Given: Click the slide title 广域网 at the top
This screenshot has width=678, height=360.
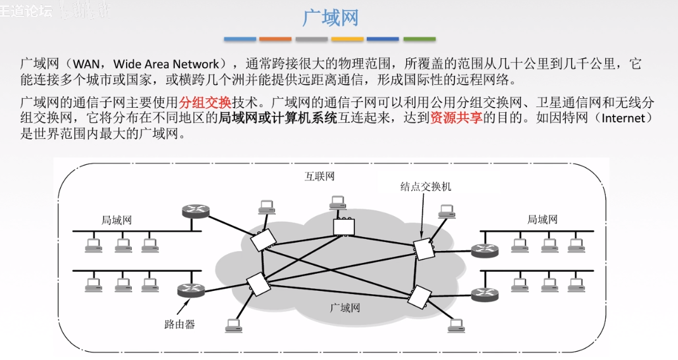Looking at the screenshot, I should pos(330,17).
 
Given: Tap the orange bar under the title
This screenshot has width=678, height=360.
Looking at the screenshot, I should pos(275,39).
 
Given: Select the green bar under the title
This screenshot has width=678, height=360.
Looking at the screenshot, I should pos(419,39).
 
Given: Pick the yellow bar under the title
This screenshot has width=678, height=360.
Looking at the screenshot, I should pos(347,39).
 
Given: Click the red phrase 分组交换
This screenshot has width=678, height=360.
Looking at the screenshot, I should pos(205,101).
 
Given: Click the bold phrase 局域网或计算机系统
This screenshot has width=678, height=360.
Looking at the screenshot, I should pos(278,118).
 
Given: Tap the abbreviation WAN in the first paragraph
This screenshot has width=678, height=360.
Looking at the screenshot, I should pos(91,64).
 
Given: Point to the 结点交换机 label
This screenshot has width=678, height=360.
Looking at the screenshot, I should pos(425,186).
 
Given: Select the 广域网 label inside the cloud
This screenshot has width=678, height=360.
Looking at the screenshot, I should pos(345,308).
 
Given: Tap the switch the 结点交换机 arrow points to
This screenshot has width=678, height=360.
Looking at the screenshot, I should pos(422,248).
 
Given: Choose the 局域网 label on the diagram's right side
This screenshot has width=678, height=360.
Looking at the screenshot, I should pos(542,219).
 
